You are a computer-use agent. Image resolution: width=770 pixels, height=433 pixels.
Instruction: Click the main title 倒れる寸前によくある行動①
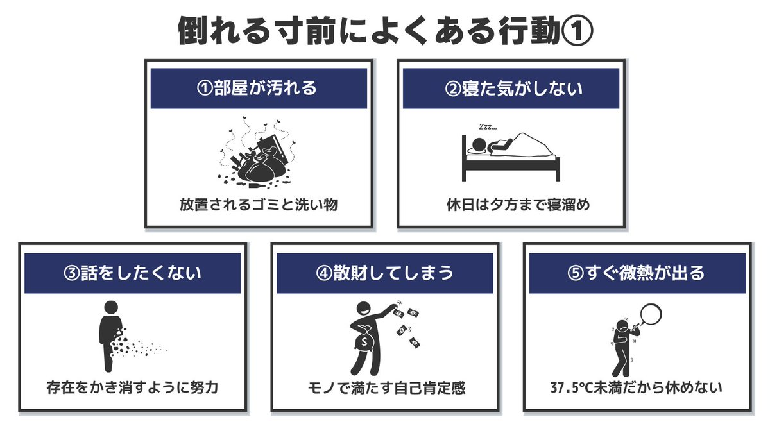(385, 31)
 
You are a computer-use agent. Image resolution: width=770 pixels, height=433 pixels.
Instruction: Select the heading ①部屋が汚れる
(257, 88)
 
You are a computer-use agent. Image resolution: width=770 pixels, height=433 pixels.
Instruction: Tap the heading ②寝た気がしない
(513, 89)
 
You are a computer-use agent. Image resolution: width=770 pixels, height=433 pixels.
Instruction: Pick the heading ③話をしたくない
(132, 273)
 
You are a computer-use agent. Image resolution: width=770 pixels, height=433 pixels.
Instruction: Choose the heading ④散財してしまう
(384, 273)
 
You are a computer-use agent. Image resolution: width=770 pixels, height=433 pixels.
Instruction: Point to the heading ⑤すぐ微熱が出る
(637, 273)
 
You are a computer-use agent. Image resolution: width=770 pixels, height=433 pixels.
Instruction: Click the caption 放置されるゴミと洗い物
(259, 205)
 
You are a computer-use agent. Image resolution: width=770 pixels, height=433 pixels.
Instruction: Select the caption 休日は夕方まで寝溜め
(518, 205)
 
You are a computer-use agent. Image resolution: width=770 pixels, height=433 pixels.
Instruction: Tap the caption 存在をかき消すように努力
(132, 387)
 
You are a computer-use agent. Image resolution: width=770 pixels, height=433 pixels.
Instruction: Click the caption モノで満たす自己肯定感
(386, 388)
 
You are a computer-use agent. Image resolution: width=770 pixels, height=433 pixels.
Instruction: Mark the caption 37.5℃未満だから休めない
(636, 387)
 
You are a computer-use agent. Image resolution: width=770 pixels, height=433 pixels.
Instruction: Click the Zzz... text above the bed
(488, 127)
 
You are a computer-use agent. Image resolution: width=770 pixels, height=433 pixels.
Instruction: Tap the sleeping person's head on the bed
(478, 144)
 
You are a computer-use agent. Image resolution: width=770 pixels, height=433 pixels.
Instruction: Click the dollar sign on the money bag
(364, 342)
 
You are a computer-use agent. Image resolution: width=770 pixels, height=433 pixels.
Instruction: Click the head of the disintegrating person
(111, 307)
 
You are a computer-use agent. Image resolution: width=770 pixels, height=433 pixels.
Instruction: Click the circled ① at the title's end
(577, 31)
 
